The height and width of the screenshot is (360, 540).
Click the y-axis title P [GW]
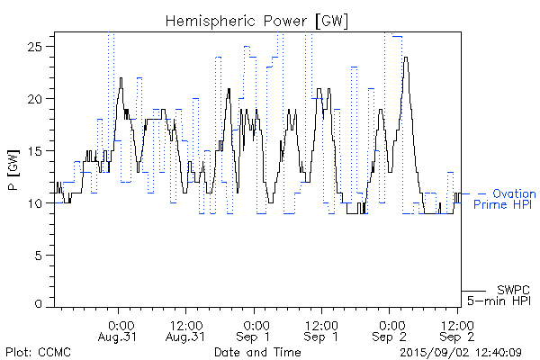pyautogui.click(x=12, y=170)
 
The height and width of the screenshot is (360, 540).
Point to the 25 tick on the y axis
pyautogui.click(x=39, y=46)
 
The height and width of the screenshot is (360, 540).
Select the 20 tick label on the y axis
pyautogui.click(x=39, y=98)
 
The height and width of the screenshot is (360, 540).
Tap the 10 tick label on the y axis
pyautogui.click(x=39, y=203)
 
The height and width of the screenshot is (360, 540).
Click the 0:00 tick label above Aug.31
pyautogui.click(x=121, y=324)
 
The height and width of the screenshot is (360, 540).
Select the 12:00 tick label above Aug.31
pyautogui.click(x=185, y=324)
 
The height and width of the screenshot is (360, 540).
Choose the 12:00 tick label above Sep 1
pyautogui.click(x=320, y=324)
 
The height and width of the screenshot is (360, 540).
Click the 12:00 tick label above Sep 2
pyautogui.click(x=455, y=324)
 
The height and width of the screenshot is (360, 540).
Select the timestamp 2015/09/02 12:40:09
pyautogui.click(x=460, y=351)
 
